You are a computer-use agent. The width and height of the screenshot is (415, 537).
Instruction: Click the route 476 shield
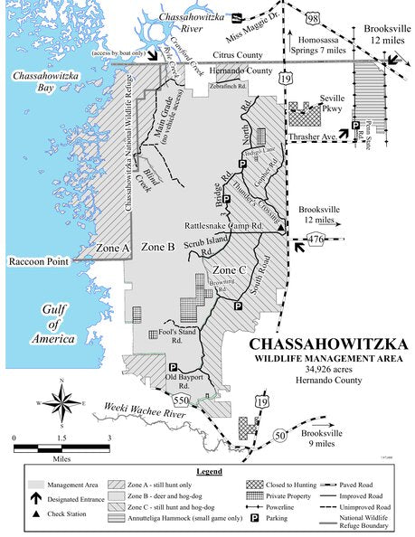[x=315, y=240]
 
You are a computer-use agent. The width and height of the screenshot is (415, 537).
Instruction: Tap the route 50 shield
[x=282, y=436]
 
